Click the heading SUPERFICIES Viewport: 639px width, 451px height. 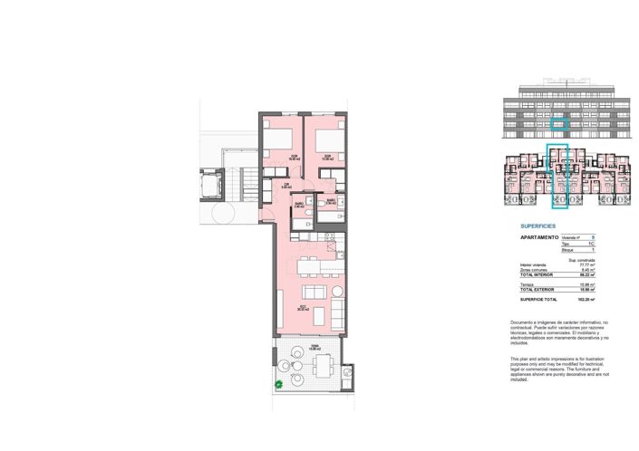pyautogui.click(x=537, y=226)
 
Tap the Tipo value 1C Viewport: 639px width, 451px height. pyautogui.click(x=592, y=244)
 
